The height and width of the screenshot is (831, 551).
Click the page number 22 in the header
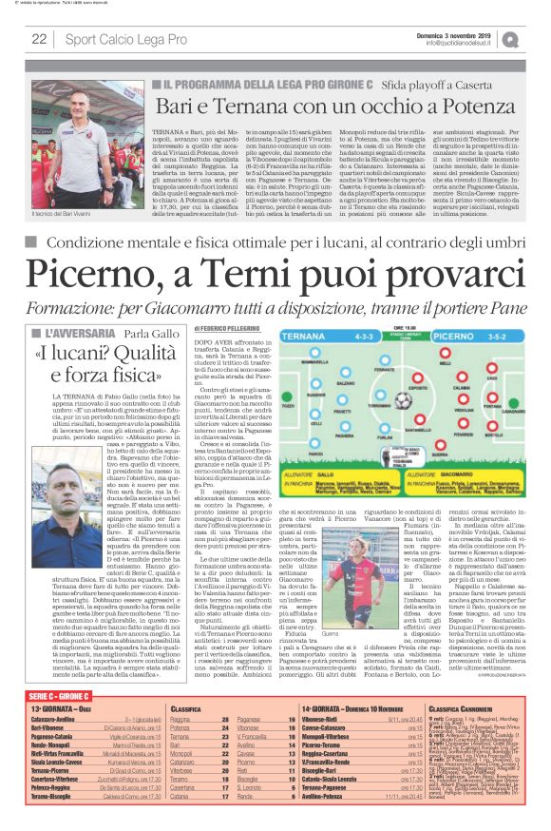39,40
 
